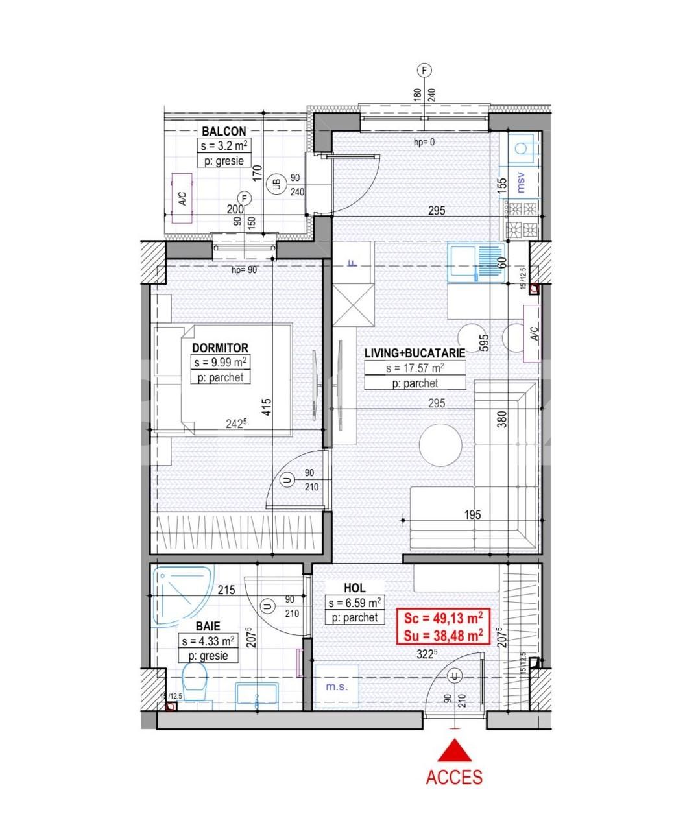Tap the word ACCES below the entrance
(454, 776)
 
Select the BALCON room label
(224, 132)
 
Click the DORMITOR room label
(220, 348)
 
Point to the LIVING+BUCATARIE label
(415, 353)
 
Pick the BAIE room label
(208, 627)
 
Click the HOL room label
(354, 588)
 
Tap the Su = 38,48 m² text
(443, 636)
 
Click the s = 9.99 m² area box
(220, 363)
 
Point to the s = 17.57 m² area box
(415, 368)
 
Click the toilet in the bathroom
(195, 684)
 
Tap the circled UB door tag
(278, 184)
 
